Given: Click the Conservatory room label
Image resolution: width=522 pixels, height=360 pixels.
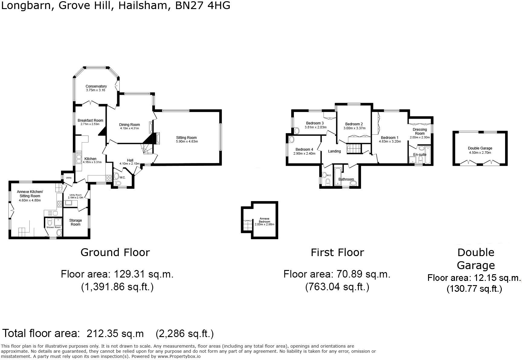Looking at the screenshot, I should click(x=96, y=86).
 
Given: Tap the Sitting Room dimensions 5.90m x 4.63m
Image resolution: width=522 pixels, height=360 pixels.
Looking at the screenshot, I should click(x=187, y=141).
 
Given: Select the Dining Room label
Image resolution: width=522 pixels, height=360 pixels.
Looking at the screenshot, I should click(x=129, y=124).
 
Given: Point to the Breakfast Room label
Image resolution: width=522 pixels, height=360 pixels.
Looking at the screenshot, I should click(x=90, y=120).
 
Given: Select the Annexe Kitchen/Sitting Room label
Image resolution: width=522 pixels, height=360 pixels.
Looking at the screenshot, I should click(x=30, y=194).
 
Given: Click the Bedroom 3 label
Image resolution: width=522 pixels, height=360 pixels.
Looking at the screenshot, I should click(x=315, y=123).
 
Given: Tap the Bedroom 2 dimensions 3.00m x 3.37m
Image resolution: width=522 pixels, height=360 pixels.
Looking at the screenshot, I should click(x=354, y=128).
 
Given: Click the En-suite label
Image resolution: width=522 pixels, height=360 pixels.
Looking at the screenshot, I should click(x=420, y=154).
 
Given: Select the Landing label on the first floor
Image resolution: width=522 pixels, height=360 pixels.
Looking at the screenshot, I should click(x=334, y=151).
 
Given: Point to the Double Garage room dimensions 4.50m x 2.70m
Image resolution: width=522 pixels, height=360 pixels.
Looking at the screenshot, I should click(x=480, y=153).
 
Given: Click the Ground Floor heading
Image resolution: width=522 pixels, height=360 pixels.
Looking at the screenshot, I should click(x=115, y=252).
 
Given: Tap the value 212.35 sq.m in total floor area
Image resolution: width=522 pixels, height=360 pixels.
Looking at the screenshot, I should click(x=115, y=333).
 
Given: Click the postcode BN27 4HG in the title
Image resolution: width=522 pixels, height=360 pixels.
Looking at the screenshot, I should click(x=203, y=5).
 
